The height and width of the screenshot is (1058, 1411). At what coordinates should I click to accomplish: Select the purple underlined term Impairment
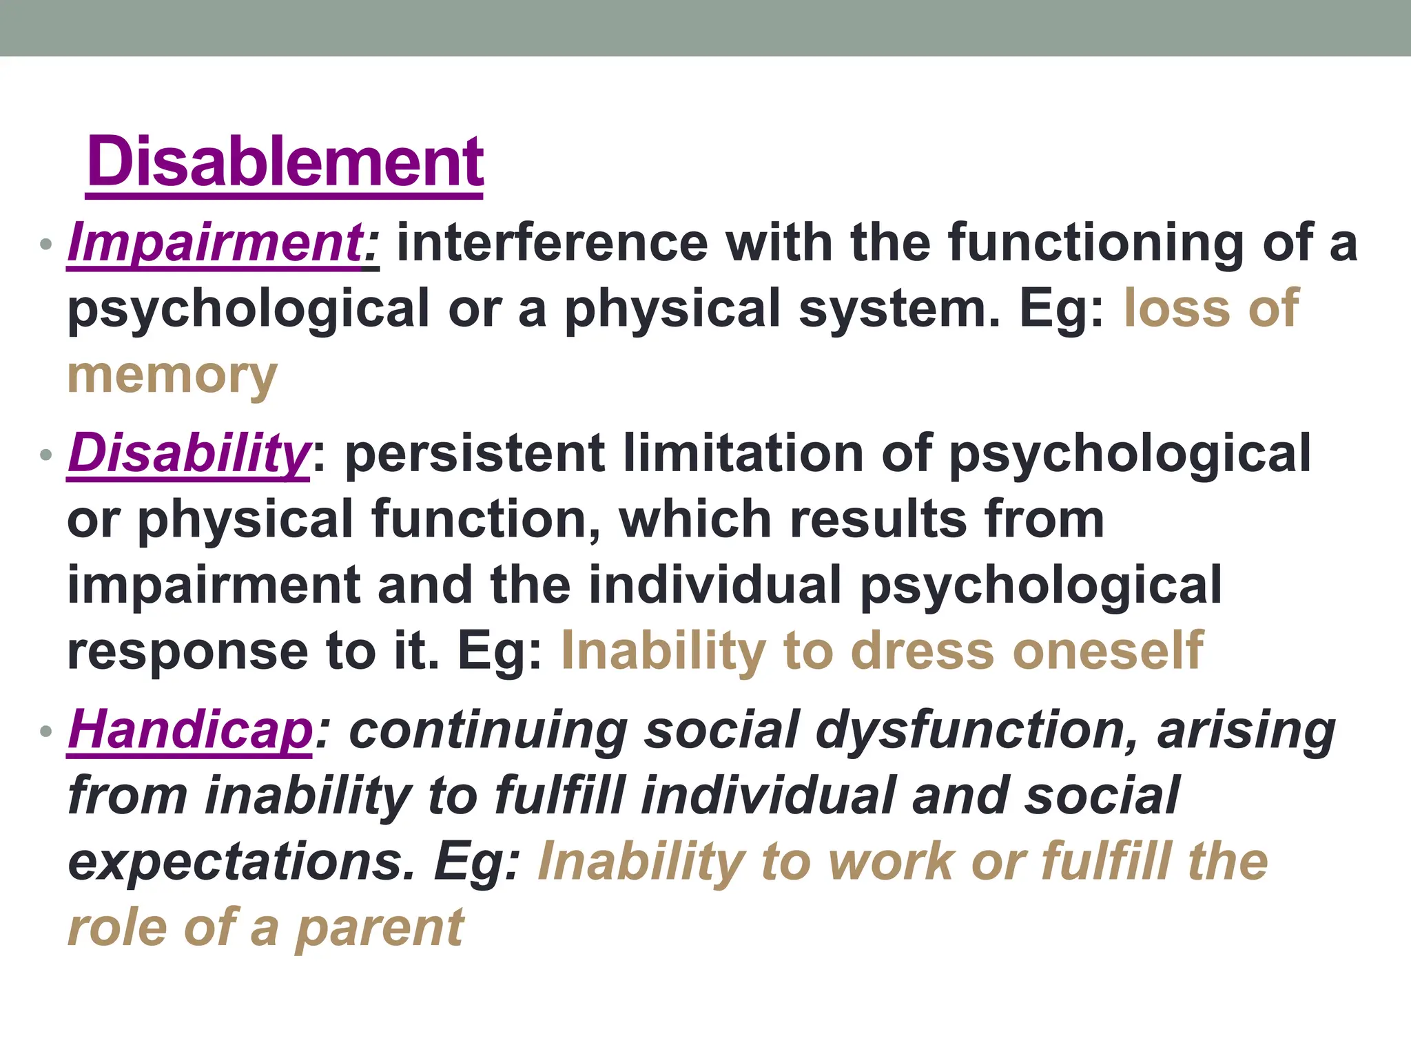[215, 243]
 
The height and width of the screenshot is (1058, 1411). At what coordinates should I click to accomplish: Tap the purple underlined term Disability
[189, 454]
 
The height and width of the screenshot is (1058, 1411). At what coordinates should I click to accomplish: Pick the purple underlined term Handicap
[190, 730]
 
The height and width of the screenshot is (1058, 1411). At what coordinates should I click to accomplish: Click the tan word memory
[172, 377]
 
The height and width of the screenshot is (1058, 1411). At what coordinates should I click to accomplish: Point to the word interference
[552, 243]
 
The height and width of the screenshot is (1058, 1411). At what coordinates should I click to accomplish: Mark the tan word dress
[923, 650]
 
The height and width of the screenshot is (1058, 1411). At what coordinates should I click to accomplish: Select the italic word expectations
[242, 862]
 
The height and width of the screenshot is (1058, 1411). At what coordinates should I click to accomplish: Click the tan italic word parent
[380, 929]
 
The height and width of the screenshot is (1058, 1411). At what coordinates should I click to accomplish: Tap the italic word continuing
[488, 730]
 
